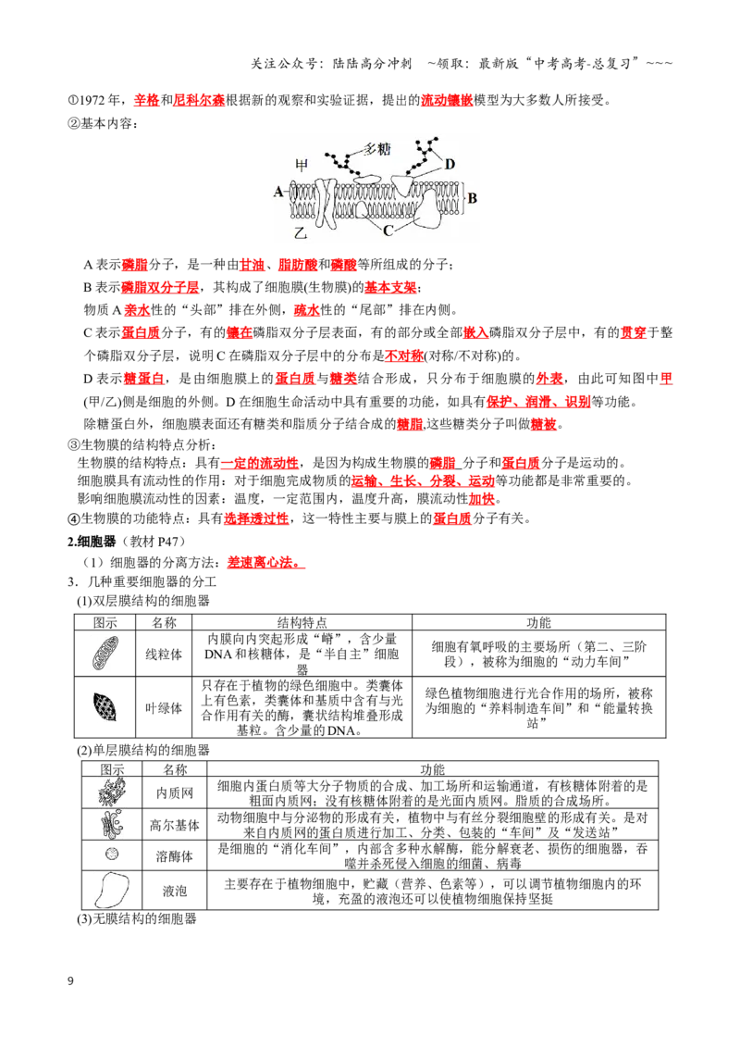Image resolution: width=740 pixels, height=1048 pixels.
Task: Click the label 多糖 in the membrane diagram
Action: click(x=377, y=148)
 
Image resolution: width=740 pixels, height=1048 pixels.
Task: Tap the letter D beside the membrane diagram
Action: click(x=450, y=165)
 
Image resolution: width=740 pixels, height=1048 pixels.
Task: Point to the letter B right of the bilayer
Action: click(x=472, y=198)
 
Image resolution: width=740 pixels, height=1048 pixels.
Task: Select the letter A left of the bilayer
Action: click(x=278, y=193)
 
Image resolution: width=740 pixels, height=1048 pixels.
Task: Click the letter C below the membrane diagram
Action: click(x=388, y=231)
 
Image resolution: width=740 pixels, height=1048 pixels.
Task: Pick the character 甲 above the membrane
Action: click(x=302, y=164)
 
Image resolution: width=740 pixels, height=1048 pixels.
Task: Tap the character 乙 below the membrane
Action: click(x=301, y=232)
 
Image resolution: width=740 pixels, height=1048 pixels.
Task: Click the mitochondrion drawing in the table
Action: click(x=105, y=653)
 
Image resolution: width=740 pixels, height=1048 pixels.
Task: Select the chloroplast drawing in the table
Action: click(x=105, y=706)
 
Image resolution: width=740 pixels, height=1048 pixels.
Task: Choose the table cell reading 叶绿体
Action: click(x=164, y=708)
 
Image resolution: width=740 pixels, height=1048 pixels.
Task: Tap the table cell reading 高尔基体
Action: click(x=174, y=826)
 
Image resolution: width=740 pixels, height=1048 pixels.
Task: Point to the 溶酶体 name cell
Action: click(x=174, y=856)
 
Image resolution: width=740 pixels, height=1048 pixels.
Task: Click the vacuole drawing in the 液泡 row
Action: click(x=112, y=891)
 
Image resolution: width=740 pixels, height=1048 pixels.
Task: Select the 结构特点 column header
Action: click(x=302, y=622)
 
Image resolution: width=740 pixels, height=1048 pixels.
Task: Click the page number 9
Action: click(x=71, y=980)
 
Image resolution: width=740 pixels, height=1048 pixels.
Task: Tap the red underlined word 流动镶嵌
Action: click(x=447, y=100)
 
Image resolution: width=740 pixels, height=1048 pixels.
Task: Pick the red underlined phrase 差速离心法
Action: click(x=265, y=562)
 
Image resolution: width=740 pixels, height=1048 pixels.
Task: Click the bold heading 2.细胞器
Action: click(x=92, y=542)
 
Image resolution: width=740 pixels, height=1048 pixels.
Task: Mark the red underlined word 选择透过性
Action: click(x=256, y=518)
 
